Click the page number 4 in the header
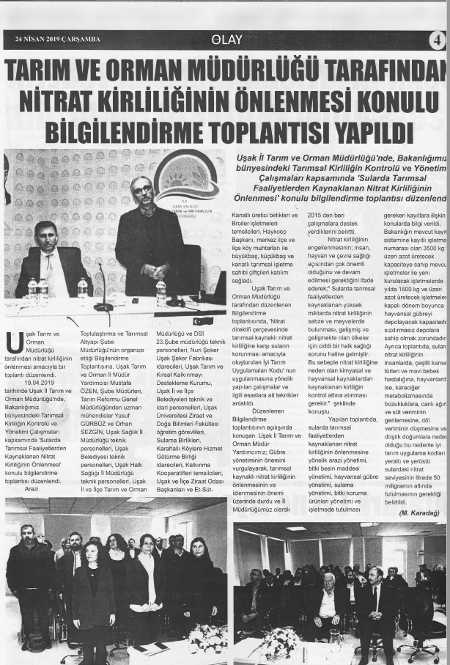pos(438,40)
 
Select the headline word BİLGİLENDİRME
pos(133,132)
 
